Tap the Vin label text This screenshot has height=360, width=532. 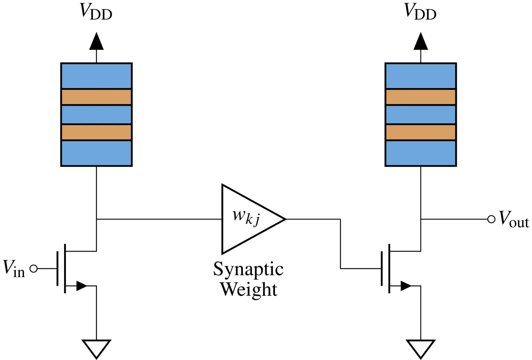tap(14, 269)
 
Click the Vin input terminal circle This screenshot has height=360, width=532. tap(34, 269)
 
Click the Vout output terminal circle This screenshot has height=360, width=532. tap(491, 219)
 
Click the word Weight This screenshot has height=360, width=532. tap(249, 290)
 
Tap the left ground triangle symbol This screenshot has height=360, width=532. tap(96, 349)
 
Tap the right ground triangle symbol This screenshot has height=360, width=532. tap(421, 349)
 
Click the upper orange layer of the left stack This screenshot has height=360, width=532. tap(96, 97)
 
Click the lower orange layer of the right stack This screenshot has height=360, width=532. tap(421, 132)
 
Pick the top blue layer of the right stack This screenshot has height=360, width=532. tap(421, 76)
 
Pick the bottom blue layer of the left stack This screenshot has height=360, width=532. tap(96, 153)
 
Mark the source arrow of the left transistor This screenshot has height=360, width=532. tap(81, 286)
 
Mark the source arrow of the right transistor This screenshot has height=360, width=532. tap(406, 286)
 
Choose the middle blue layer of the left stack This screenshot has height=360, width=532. tap(96, 114)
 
